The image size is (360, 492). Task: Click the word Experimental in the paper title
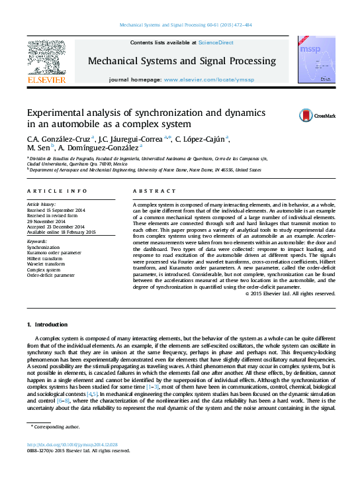click(x=57, y=113)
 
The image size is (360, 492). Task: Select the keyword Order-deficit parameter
click(x=51, y=275)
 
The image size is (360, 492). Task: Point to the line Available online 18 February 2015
click(x=62, y=232)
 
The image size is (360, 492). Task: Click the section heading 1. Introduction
click(x=47, y=324)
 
